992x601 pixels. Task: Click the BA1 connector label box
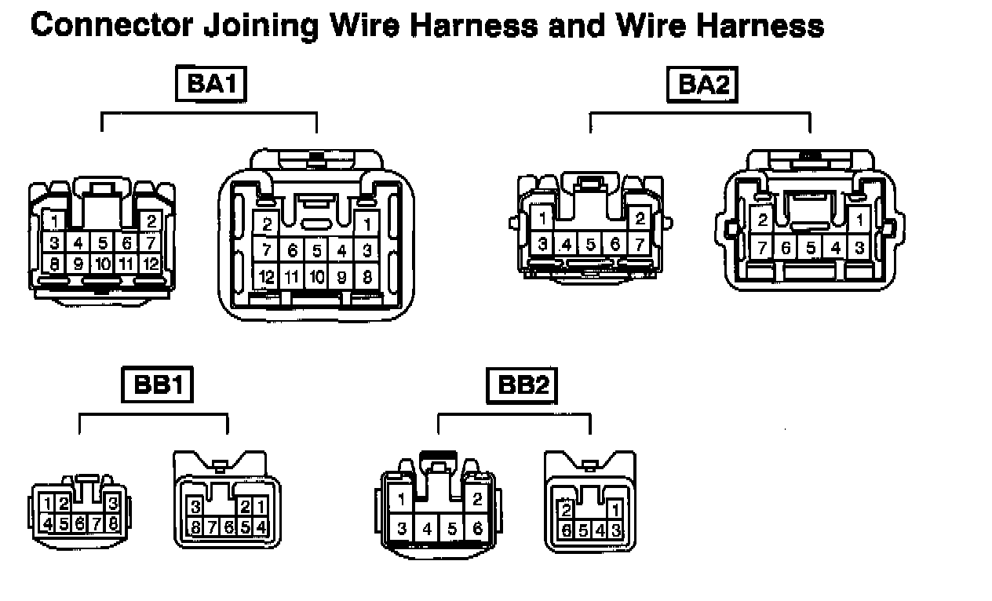[x=210, y=85]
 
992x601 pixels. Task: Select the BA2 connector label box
[x=702, y=85]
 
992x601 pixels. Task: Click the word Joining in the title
[x=261, y=26]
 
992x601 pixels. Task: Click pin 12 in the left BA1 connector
[x=151, y=264]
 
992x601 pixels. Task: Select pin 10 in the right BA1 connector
[x=316, y=276]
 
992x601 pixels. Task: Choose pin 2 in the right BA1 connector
[x=267, y=225]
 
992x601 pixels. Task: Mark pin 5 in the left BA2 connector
[x=591, y=244]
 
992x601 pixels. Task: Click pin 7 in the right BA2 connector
[x=761, y=249]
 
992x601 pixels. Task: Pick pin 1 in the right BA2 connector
[x=860, y=220]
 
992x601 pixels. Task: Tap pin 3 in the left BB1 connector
[x=113, y=503]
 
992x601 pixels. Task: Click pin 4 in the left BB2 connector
[x=427, y=529]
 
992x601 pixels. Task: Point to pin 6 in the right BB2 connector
[x=564, y=530]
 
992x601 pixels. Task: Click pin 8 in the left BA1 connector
[x=54, y=264]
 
